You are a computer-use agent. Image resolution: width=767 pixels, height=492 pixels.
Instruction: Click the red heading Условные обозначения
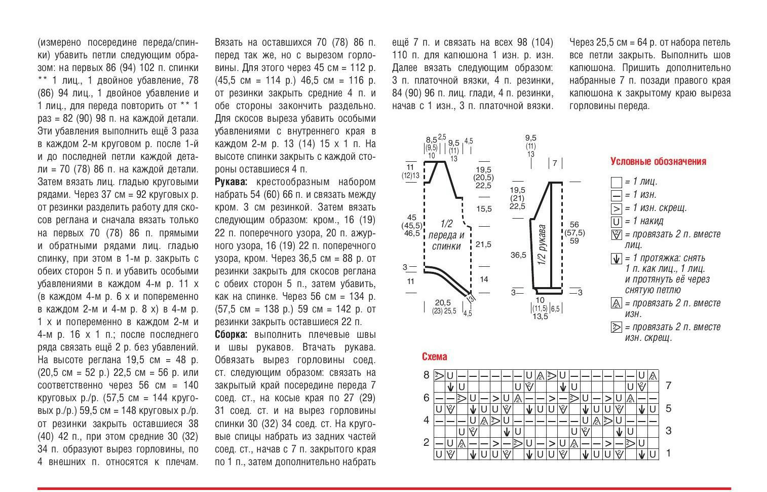[x=658, y=162]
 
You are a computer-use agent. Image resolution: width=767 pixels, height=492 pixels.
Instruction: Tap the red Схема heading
[x=434, y=357]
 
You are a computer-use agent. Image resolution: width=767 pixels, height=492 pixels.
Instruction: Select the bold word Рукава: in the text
[x=231, y=182]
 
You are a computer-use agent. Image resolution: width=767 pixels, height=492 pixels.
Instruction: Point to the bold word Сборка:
[x=231, y=335]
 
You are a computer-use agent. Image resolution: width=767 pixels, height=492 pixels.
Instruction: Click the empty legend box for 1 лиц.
[x=616, y=182]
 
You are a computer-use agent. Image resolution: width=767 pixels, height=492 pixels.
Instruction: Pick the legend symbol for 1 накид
[x=616, y=222]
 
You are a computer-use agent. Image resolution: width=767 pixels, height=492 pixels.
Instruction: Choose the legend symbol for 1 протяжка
[x=616, y=259]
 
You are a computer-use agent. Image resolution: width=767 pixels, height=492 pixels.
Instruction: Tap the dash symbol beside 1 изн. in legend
[x=616, y=195]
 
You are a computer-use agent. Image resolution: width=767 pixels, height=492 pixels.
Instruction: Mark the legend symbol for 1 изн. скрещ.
[x=616, y=208]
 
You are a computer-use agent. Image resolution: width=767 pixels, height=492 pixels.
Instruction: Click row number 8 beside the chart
[x=427, y=375]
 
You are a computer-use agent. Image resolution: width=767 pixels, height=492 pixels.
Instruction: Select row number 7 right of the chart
[x=668, y=386]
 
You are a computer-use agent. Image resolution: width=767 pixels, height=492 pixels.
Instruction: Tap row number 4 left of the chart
[x=427, y=420]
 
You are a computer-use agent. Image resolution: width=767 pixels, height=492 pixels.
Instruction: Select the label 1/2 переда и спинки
[x=446, y=235]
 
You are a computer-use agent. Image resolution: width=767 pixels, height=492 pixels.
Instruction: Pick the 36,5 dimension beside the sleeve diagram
[x=518, y=255]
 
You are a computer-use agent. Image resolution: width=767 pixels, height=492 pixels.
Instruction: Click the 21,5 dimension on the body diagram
[x=483, y=244]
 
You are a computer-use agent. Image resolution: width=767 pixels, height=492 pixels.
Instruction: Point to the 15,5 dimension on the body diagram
[x=483, y=209]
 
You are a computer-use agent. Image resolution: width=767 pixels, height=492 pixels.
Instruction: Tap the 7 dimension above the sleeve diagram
[x=555, y=163]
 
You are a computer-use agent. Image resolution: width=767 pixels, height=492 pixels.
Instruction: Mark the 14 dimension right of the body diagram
[x=484, y=279]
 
